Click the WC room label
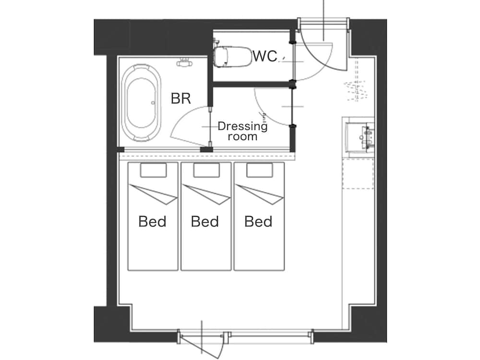click(265, 56)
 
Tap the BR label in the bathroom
click(181, 98)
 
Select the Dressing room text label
click(242, 131)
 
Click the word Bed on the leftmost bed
click(152, 221)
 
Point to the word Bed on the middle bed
click(205, 221)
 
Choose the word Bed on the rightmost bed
click(258, 221)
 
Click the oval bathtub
click(141, 103)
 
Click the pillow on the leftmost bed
click(154, 170)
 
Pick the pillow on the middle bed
click(206, 170)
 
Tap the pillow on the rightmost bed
click(260, 170)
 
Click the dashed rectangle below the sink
click(358, 173)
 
